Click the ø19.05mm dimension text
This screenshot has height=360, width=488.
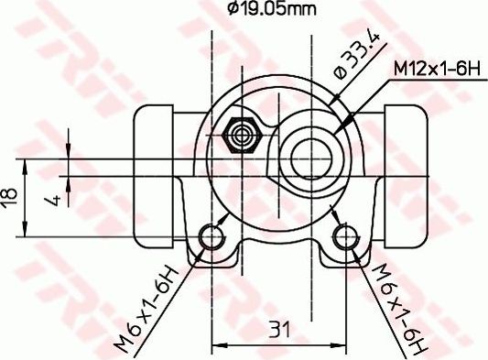(271, 10)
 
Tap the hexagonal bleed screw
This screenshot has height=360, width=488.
(244, 135)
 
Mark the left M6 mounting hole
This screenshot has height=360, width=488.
(213, 238)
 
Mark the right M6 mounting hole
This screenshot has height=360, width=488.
(346, 238)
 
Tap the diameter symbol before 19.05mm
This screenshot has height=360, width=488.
(232, 10)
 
